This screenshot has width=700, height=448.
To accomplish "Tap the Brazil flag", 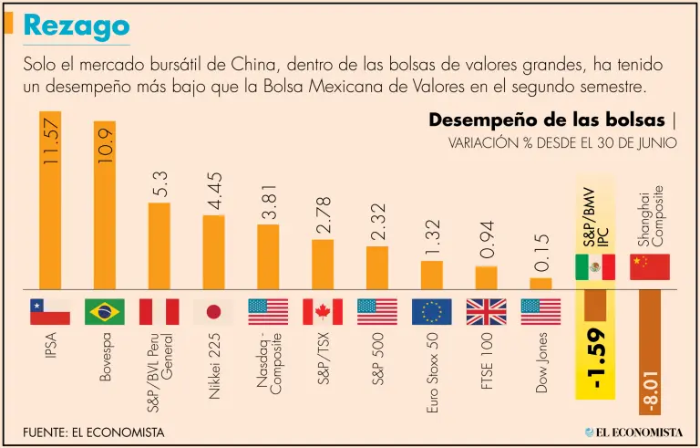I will click(105, 312).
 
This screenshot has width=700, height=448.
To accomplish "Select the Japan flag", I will click(214, 312).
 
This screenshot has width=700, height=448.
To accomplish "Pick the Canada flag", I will click(323, 312).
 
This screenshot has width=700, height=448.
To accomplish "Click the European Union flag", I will click(432, 312).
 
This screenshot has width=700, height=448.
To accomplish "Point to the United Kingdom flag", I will click(487, 312).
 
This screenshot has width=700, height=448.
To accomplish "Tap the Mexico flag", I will click(595, 266).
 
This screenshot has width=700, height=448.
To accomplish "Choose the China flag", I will click(650, 266).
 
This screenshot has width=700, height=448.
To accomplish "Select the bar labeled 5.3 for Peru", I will click(160, 244).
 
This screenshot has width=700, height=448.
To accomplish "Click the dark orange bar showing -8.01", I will click(650, 342).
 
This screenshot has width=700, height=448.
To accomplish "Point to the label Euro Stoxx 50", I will click(432, 374).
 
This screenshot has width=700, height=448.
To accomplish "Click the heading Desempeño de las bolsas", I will click(547, 120).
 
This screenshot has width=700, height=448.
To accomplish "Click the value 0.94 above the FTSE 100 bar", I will click(487, 242).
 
